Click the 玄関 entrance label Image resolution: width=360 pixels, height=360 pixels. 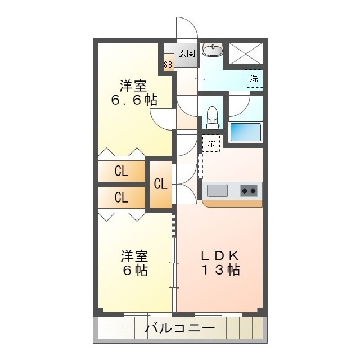pos(187,53)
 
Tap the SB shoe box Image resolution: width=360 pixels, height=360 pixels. pos(168,64)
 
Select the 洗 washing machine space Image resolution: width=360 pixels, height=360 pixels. pos(254,79)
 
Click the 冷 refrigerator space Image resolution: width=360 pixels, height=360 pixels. pos(211,143)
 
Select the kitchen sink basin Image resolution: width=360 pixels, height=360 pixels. pos(217,191)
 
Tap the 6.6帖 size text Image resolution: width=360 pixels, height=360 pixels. pos(133,101)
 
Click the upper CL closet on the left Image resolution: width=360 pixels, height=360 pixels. pos(121,172)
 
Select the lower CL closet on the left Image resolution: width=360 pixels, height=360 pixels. pos(121,197)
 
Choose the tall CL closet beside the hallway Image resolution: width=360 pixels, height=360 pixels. pos(160,184)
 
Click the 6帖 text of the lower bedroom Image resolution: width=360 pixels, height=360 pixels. pos(134,271)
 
